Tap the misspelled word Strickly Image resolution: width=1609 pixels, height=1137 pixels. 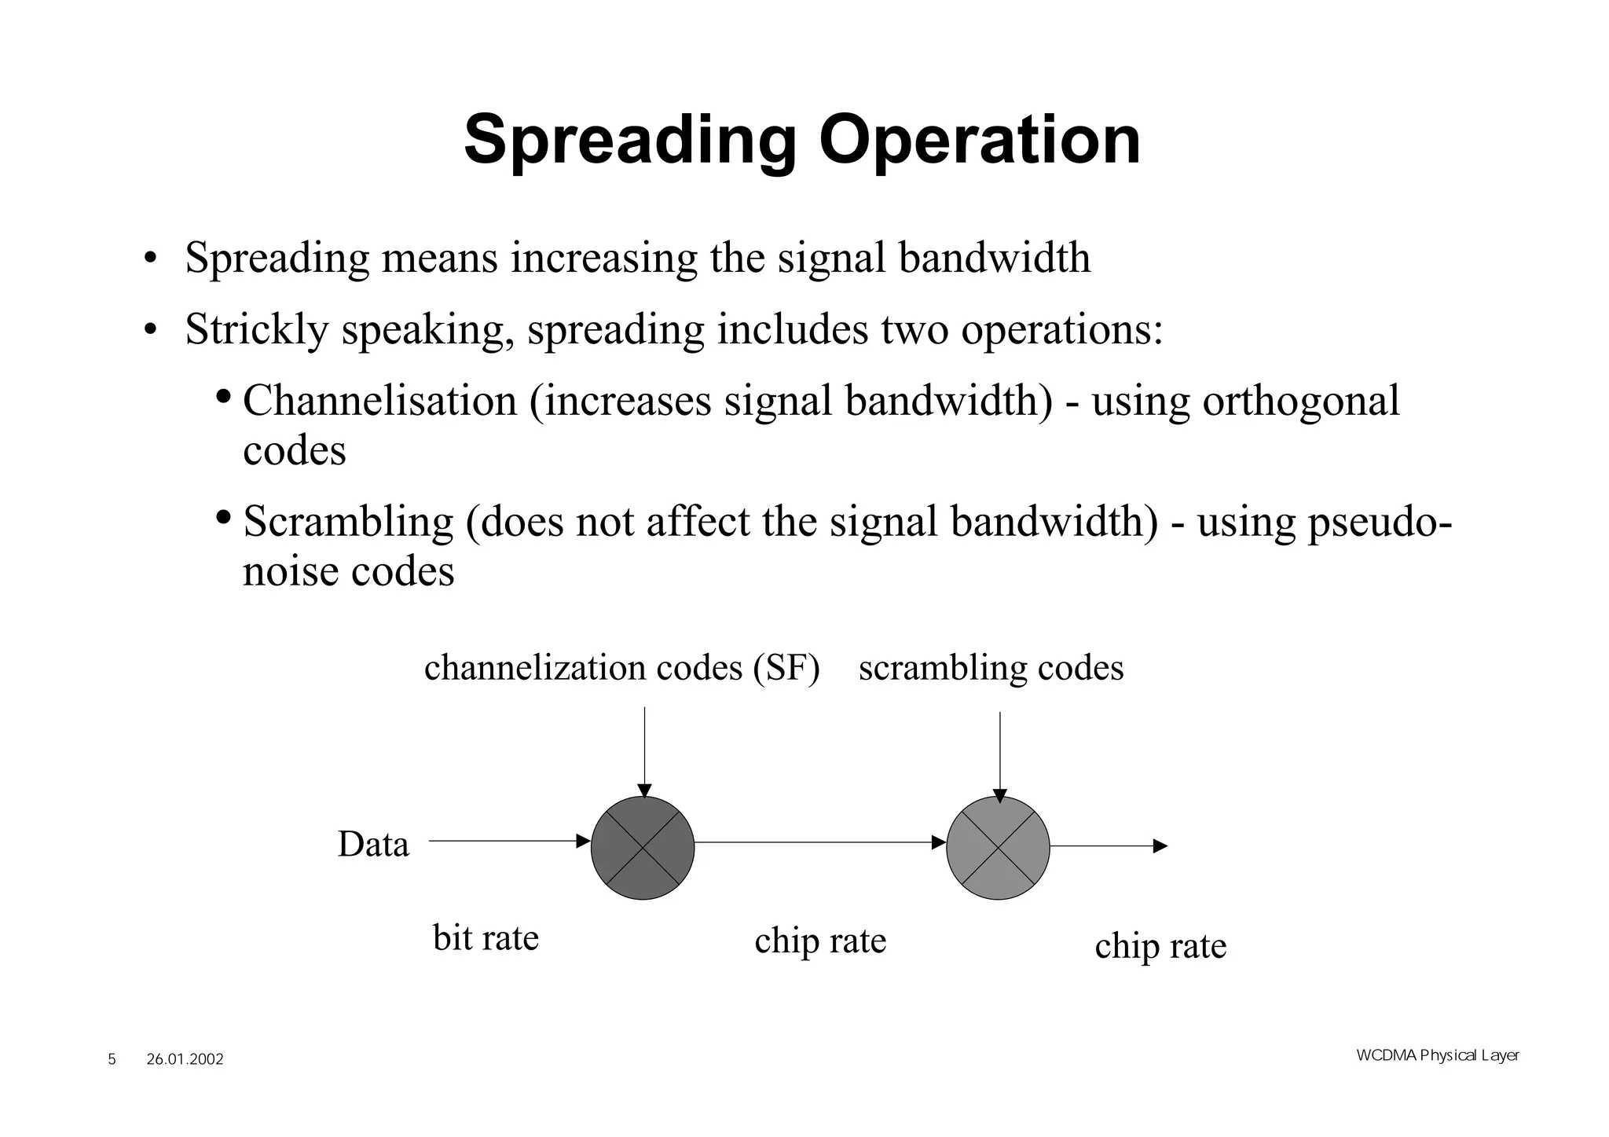tap(256, 329)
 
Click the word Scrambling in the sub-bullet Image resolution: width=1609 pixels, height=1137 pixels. tap(348, 521)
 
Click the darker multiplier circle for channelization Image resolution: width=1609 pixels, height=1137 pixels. tap(643, 848)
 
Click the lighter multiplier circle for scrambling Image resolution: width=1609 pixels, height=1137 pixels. tap(998, 848)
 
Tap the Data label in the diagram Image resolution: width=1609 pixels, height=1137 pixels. tap(373, 845)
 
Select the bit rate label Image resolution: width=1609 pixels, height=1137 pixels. tap(486, 937)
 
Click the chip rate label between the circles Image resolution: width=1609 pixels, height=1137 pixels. tap(819, 941)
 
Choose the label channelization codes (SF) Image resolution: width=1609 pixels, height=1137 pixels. tap(621, 668)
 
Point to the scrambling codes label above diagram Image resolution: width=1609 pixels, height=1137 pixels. tap(991, 668)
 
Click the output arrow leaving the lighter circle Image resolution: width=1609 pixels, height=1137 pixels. tap(1108, 846)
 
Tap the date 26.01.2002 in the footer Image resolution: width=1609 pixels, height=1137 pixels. tap(185, 1060)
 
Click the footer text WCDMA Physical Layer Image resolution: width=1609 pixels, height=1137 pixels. tap(1437, 1055)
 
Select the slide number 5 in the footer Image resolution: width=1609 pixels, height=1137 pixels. tap(112, 1060)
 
